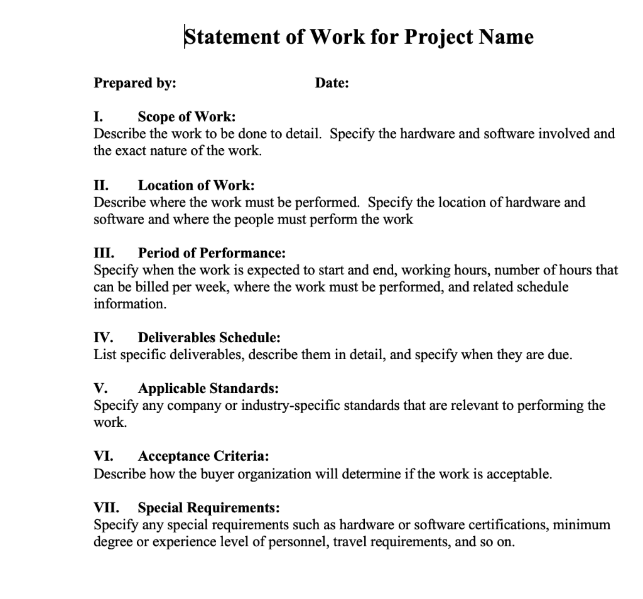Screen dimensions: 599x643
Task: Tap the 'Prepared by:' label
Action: tap(134, 83)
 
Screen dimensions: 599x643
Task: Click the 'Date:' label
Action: tap(332, 83)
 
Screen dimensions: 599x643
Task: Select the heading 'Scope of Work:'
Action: tap(186, 117)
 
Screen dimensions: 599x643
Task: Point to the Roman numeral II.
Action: tap(100, 185)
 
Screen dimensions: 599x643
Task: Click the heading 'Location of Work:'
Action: tap(196, 185)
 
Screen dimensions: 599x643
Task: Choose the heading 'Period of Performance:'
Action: tap(212, 254)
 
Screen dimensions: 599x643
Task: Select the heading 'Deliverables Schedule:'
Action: tap(209, 338)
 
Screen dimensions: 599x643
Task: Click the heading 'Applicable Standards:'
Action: tap(208, 389)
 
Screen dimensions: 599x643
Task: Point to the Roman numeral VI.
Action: tap(102, 456)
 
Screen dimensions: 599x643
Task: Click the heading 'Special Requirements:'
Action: tap(208, 507)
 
